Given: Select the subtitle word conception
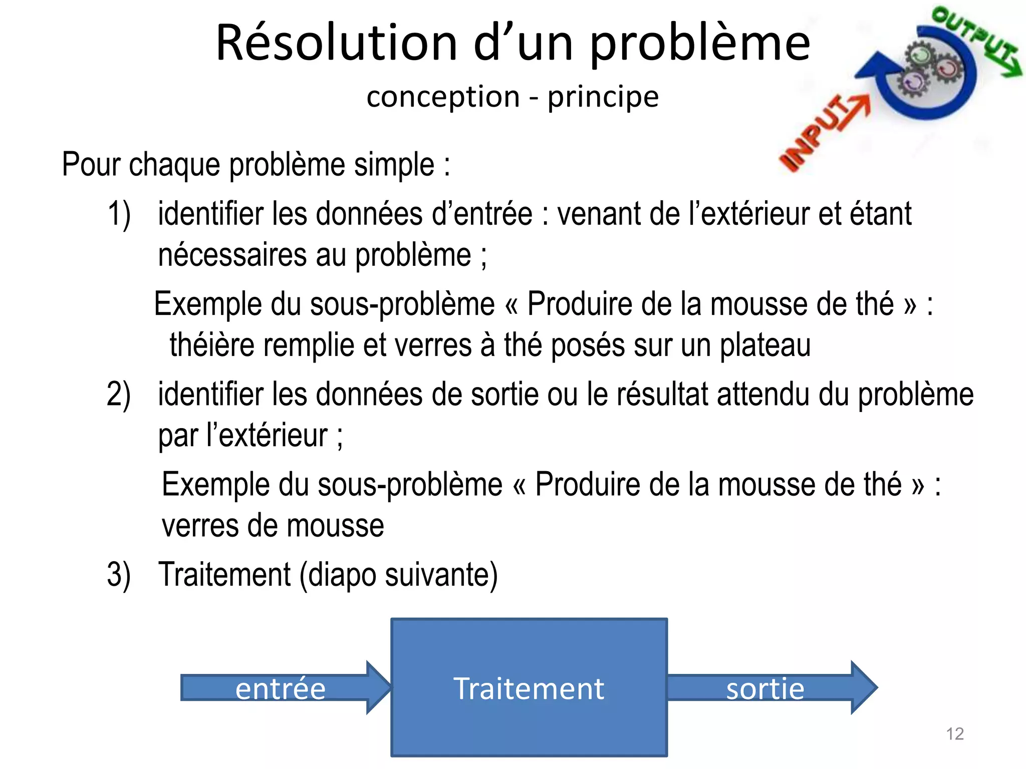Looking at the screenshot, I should (x=443, y=97).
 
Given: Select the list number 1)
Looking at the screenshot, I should (x=119, y=214).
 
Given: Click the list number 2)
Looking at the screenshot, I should (x=119, y=395).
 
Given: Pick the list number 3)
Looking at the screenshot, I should (x=119, y=574).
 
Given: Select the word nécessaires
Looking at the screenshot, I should (x=232, y=255).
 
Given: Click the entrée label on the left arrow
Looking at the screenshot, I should (x=281, y=689).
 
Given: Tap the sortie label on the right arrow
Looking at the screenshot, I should (x=765, y=689).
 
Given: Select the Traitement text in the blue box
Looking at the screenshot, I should (x=529, y=689).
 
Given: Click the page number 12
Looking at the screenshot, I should (x=955, y=734).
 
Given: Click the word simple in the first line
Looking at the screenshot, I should (x=394, y=165).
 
